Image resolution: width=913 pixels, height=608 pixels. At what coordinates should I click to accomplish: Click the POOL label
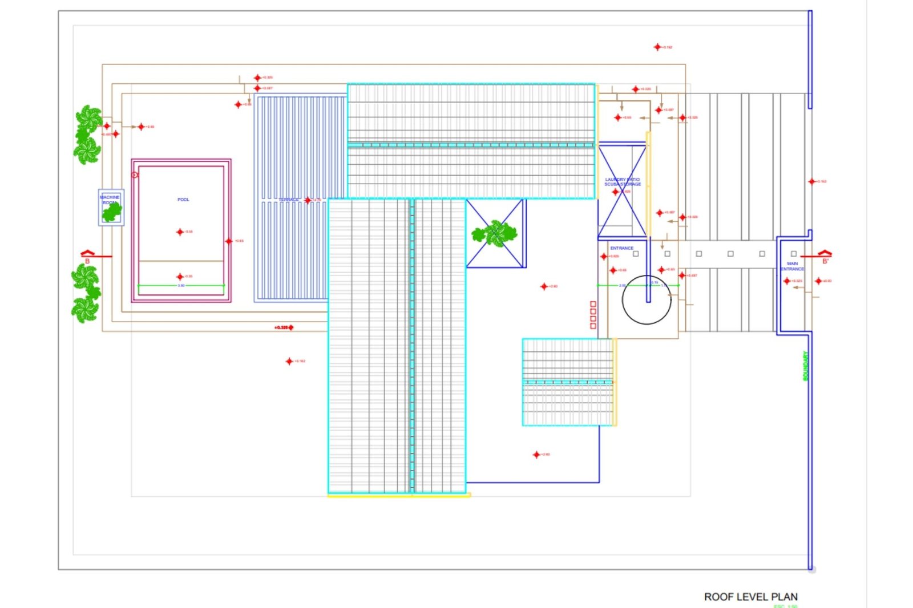[183, 200]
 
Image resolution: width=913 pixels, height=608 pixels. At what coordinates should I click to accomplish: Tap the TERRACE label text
[288, 200]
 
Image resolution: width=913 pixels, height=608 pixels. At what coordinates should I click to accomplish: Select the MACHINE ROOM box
[111, 208]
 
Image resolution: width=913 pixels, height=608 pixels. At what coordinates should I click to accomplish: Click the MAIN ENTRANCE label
[792, 266]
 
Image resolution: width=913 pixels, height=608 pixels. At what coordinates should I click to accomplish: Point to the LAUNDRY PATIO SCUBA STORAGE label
[623, 182]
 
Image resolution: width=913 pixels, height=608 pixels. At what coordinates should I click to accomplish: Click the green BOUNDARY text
[806, 366]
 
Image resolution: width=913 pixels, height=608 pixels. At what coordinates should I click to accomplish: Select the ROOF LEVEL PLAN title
[750, 597]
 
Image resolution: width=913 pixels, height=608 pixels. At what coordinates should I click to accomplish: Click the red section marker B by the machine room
[87, 257]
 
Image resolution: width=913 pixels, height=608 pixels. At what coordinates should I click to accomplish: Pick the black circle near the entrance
[646, 300]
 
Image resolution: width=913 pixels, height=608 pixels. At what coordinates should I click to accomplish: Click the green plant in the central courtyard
[495, 233]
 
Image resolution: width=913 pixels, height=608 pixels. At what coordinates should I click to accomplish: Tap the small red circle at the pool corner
[135, 175]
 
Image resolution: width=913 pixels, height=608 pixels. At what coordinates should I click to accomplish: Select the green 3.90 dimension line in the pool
[181, 285]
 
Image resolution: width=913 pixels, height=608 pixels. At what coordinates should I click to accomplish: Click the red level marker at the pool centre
[180, 232]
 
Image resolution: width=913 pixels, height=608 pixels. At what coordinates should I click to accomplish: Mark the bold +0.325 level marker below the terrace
[284, 327]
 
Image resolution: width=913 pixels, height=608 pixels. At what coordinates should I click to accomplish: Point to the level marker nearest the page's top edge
[657, 47]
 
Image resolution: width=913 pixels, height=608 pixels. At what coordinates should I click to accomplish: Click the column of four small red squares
[593, 315]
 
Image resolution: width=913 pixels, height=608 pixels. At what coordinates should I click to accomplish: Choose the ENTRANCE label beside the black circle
[621, 248]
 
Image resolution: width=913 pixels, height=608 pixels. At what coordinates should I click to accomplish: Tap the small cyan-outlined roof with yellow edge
[569, 382]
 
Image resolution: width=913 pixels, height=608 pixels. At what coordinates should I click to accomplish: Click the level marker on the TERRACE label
[308, 200]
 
